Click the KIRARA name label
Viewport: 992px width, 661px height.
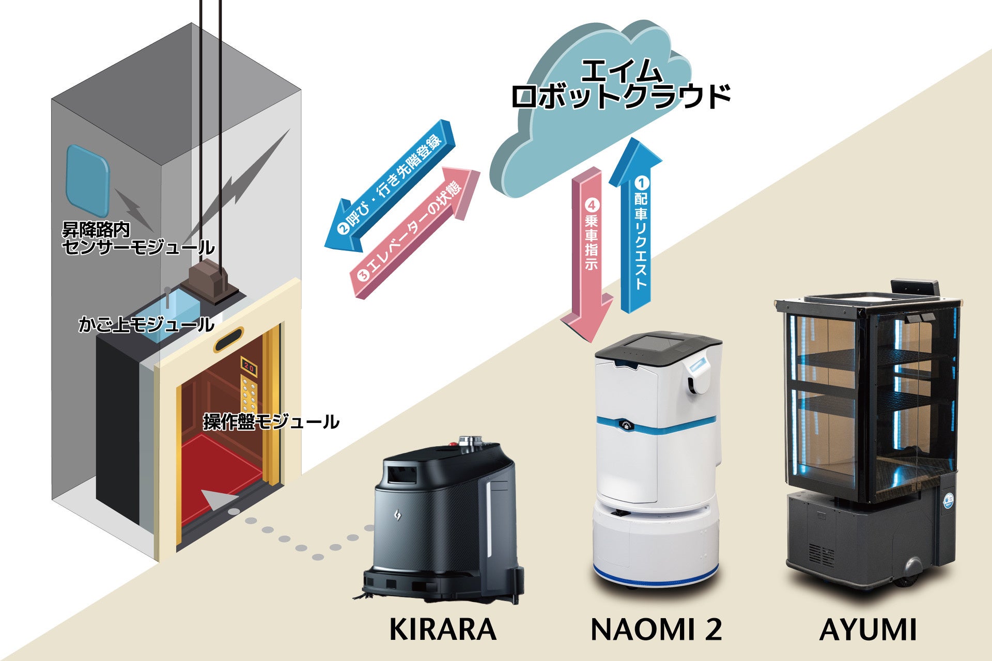[x=442, y=629]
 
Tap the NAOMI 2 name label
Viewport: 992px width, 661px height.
[x=656, y=629]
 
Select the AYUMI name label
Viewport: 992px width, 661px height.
[x=867, y=629]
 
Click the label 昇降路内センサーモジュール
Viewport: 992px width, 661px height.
[x=137, y=239]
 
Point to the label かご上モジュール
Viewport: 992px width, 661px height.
[x=146, y=324]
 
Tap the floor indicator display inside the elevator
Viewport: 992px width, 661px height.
[x=249, y=368]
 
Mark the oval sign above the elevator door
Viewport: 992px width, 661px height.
[x=229, y=340]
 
